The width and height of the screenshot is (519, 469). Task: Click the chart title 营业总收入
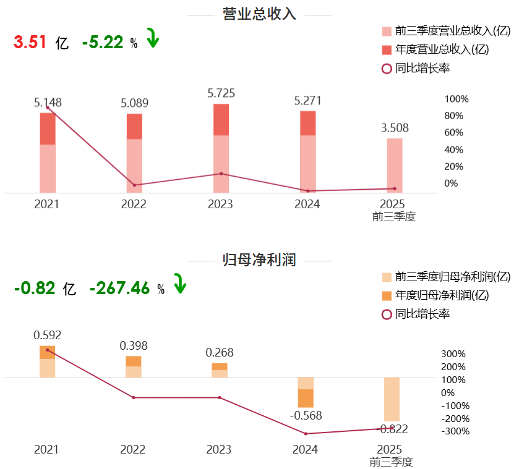click(259, 14)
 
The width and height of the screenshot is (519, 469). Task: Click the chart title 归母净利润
click(259, 260)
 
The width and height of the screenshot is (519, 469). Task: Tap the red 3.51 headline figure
click(30, 42)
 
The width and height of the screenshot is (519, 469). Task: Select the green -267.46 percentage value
click(119, 288)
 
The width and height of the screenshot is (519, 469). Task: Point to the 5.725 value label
click(221, 93)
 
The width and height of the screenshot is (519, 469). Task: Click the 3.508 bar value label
click(395, 128)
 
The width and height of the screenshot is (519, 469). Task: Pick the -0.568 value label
click(307, 415)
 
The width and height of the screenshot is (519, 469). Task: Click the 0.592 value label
click(48, 336)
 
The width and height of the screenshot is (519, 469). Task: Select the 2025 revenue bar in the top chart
click(395, 165)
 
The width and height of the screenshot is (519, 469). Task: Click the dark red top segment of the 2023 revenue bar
click(221, 119)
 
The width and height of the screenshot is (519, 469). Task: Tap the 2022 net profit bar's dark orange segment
click(134, 361)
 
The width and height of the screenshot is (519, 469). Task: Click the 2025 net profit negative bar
click(392, 399)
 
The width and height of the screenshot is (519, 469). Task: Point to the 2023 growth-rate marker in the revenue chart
click(221, 174)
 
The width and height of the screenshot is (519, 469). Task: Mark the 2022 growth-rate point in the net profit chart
click(134, 397)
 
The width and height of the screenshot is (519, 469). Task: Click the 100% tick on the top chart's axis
click(457, 99)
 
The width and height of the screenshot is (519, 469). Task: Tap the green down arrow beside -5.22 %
click(153, 38)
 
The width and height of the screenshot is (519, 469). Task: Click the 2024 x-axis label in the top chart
click(307, 205)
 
